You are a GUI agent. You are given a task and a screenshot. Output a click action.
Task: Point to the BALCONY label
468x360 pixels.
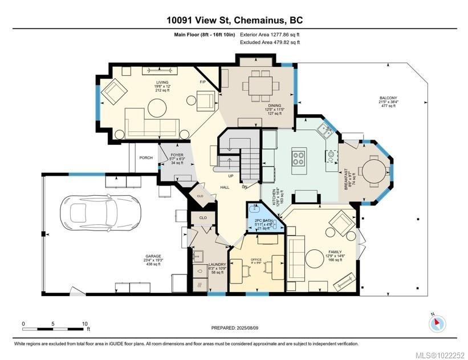tap(389, 98)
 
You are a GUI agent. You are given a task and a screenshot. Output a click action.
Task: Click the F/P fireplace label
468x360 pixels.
tap(202, 82)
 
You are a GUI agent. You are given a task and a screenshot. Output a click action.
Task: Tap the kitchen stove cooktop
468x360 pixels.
tap(299, 157)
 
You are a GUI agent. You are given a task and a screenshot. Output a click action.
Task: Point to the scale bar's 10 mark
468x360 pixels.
tap(84, 323)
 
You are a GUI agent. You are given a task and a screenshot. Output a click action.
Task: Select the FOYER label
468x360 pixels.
tap(175, 154)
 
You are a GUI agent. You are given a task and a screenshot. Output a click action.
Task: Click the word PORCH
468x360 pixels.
tap(146, 158)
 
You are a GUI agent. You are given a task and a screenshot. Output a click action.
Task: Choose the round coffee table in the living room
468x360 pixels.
tap(156, 107)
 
